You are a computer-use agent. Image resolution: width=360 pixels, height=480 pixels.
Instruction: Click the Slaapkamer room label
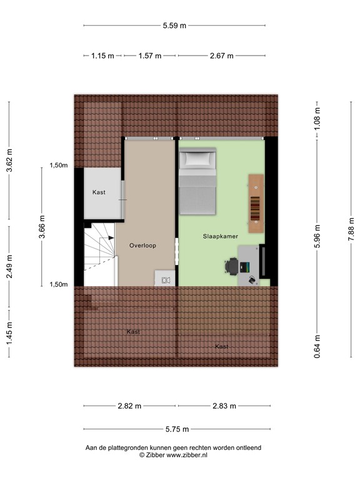tap(219, 237)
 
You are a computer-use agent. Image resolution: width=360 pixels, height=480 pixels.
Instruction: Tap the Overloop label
tap(142, 246)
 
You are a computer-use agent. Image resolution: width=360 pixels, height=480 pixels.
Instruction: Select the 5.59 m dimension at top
tap(174, 26)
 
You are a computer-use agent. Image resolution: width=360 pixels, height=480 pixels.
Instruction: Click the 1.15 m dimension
tap(102, 56)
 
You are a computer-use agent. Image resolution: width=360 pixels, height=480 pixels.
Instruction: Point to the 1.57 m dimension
tap(150, 56)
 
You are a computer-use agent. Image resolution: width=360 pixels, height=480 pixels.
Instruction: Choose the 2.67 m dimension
tap(221, 56)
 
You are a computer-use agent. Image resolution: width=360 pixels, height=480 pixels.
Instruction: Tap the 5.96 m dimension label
tap(317, 236)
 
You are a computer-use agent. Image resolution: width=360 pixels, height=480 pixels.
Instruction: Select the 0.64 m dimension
tap(317, 344)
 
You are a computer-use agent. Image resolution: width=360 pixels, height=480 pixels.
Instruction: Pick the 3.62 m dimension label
tap(9, 161)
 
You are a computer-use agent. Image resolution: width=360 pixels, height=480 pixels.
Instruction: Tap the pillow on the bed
tap(197, 160)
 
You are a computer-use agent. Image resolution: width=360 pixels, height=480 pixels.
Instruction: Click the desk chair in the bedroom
tap(231, 267)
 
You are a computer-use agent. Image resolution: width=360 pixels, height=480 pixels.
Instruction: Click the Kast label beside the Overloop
tap(99, 192)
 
